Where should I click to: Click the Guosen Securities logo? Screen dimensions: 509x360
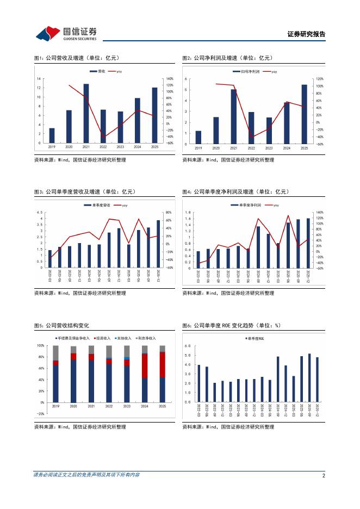click(66, 33)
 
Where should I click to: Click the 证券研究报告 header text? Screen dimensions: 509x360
click(306, 34)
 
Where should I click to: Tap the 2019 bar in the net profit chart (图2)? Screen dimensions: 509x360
click(198, 138)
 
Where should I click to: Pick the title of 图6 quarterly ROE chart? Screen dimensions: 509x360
click(231, 325)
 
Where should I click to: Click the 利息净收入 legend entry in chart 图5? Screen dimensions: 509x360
click(147, 338)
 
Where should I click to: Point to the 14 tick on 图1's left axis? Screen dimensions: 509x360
click(38, 79)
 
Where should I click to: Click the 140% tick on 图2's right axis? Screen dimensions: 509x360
click(320, 79)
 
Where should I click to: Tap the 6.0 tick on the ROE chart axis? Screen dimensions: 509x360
click(187, 346)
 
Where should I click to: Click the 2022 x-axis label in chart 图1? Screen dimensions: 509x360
click(103, 147)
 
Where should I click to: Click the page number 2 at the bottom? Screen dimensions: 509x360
click(324, 475)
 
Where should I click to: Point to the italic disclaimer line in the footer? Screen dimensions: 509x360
click(86, 475)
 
